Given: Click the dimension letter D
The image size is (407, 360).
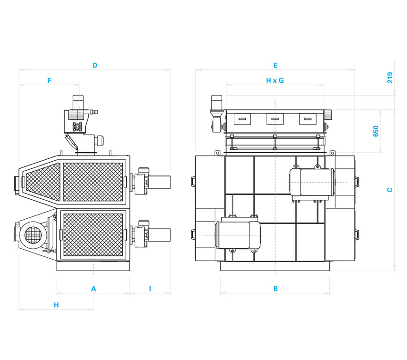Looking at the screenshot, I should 95,65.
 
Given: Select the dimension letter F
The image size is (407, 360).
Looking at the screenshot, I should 49,81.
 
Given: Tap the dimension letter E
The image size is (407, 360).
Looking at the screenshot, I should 275,65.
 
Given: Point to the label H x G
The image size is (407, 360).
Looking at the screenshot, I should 275,81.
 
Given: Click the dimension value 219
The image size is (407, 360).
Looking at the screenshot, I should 390,78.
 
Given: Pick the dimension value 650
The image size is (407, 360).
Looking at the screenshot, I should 376,131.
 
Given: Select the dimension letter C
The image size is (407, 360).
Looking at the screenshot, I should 390,190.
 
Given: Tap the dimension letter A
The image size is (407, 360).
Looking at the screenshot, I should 93,289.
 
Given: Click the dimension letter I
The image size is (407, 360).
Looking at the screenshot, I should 150,289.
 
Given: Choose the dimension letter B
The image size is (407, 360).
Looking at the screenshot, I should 275,289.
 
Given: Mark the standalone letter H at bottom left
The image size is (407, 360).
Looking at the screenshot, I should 56,305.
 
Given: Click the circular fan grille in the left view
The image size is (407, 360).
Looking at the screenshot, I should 32,234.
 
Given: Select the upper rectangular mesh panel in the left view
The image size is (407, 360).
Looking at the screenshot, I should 93,181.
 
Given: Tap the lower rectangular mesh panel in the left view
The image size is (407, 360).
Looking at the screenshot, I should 93,234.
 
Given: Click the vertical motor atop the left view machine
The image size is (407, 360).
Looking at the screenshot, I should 78,102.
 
